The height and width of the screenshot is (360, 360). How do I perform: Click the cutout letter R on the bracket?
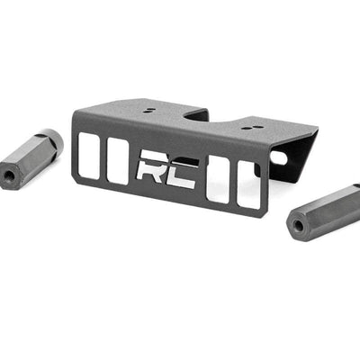point(151,168)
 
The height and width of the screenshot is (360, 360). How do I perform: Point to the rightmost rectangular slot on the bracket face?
point(247,186)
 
